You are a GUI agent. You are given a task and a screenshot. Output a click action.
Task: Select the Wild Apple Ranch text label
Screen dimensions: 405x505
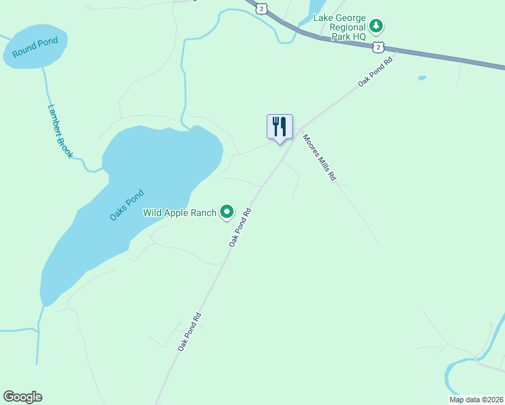[180, 213]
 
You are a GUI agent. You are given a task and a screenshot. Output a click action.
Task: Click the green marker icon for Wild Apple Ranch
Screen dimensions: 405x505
[228, 213]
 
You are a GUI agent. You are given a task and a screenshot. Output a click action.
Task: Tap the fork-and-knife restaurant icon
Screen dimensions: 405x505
[280, 127]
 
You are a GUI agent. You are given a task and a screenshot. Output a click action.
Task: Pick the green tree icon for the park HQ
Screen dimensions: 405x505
[377, 26]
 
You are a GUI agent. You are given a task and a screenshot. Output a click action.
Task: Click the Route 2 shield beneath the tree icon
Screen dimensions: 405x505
[379, 47]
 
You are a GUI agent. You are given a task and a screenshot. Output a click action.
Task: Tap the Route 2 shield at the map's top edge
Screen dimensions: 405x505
[262, 7]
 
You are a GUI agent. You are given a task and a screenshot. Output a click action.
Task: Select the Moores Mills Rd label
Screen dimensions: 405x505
[319, 158]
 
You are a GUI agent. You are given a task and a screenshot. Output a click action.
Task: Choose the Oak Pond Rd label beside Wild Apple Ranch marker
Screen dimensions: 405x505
[240, 226]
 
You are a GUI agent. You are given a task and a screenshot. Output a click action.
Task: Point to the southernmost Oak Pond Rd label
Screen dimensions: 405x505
[190, 331]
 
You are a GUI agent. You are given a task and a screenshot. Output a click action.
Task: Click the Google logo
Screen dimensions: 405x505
[22, 397]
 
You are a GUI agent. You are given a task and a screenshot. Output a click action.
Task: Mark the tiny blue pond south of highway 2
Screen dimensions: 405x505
[422, 78]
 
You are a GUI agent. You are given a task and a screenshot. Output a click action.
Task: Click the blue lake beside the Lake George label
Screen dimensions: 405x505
[316, 8]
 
